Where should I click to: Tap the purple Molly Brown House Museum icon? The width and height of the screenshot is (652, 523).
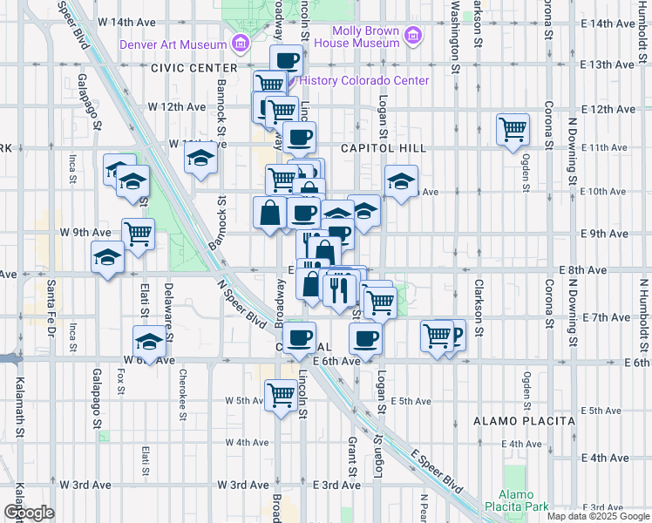pyautogui.click(x=413, y=37)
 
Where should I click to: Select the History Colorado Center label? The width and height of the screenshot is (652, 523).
pyautogui.click(x=364, y=81)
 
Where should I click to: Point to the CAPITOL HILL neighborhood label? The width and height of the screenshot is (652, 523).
pyautogui.click(x=384, y=149)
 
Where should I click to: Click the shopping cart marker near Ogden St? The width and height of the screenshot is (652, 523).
pyautogui.click(x=513, y=129)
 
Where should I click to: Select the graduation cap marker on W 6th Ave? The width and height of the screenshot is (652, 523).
pyautogui.click(x=149, y=342)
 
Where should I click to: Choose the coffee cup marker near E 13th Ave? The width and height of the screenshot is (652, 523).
pyautogui.click(x=287, y=61)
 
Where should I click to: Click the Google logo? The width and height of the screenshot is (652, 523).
pyautogui.click(x=29, y=513)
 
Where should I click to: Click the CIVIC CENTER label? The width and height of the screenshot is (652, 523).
pyautogui.click(x=194, y=68)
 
